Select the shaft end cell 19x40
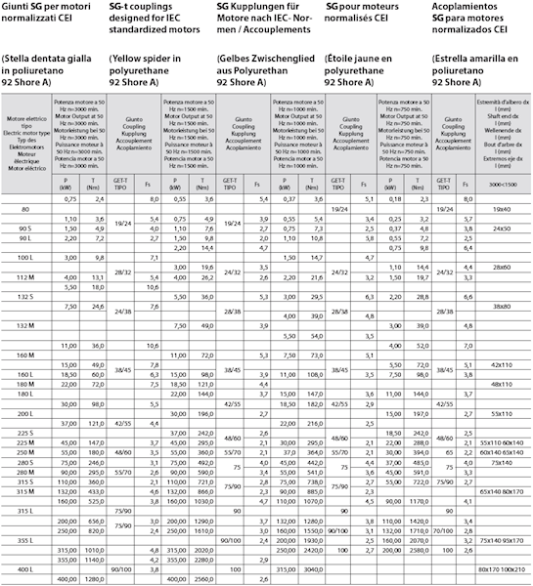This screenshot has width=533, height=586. click(501, 208)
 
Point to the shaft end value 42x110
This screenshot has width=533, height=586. click(501, 363)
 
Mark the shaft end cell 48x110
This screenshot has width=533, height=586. click(501, 383)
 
